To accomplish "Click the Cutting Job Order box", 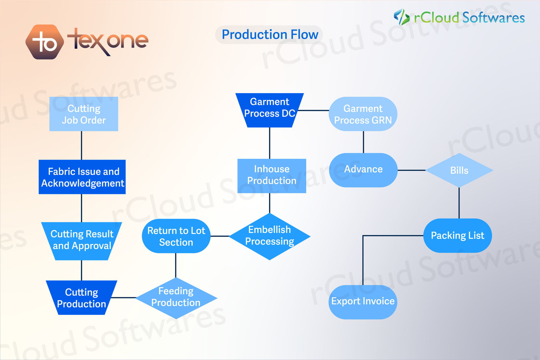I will click(84, 114).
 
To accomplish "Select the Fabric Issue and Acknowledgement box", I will click(82, 177).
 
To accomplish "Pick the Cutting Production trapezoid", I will click(81, 298).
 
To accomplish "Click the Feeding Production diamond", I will click(176, 298).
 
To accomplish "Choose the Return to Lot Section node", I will click(176, 236).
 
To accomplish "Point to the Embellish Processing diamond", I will click(269, 236).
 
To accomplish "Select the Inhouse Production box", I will click(272, 176).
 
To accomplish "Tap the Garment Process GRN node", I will click(363, 114).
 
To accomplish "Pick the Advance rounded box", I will click(363, 170).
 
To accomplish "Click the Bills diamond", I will click(459, 170).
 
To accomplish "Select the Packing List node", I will click(457, 236).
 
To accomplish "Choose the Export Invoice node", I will click(363, 302).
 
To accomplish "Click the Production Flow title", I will click(270, 34).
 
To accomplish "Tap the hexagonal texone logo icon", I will click(45, 42).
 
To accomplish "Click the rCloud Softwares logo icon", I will click(402, 17).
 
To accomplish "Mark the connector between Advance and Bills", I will click(411, 170).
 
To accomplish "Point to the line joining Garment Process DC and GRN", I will click(313, 110).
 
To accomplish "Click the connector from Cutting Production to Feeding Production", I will click(124, 298).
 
